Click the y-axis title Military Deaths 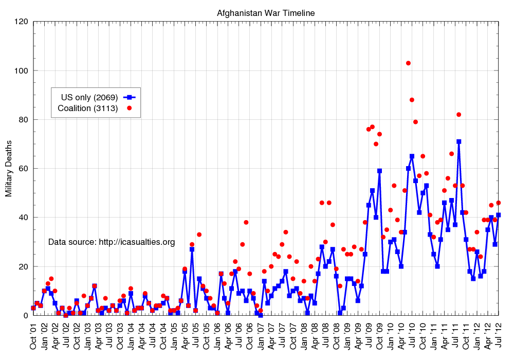[x=9, y=168]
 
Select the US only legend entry [x=89, y=97]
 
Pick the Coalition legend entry [x=88, y=108]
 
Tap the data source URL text [x=112, y=242]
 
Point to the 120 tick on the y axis [x=21, y=22]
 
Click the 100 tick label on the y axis [x=21, y=70]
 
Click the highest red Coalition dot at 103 [x=408, y=63]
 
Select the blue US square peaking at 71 [x=458, y=141]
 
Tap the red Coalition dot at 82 [x=458, y=115]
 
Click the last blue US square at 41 [x=499, y=215]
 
